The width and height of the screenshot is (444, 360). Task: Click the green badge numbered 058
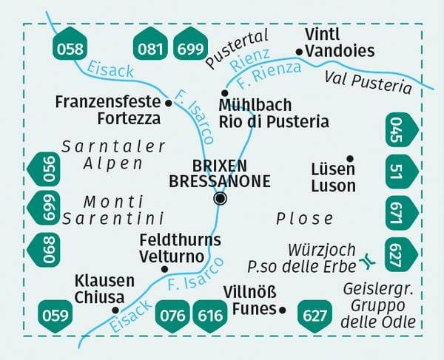(x=70, y=49)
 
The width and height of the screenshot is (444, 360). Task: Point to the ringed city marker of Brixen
(x=220, y=198)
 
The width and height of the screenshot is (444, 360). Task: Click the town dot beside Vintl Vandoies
(x=300, y=52)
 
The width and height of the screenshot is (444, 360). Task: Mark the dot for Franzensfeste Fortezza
(x=169, y=103)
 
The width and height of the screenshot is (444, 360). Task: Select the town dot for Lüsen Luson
(x=350, y=157)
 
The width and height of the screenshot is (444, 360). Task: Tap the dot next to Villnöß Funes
(x=282, y=310)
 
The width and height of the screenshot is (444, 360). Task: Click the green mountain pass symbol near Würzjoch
(x=368, y=261)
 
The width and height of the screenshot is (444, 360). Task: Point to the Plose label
(x=304, y=218)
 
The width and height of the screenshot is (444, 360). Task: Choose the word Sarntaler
(x=103, y=146)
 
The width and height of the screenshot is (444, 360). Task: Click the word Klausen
(x=104, y=281)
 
